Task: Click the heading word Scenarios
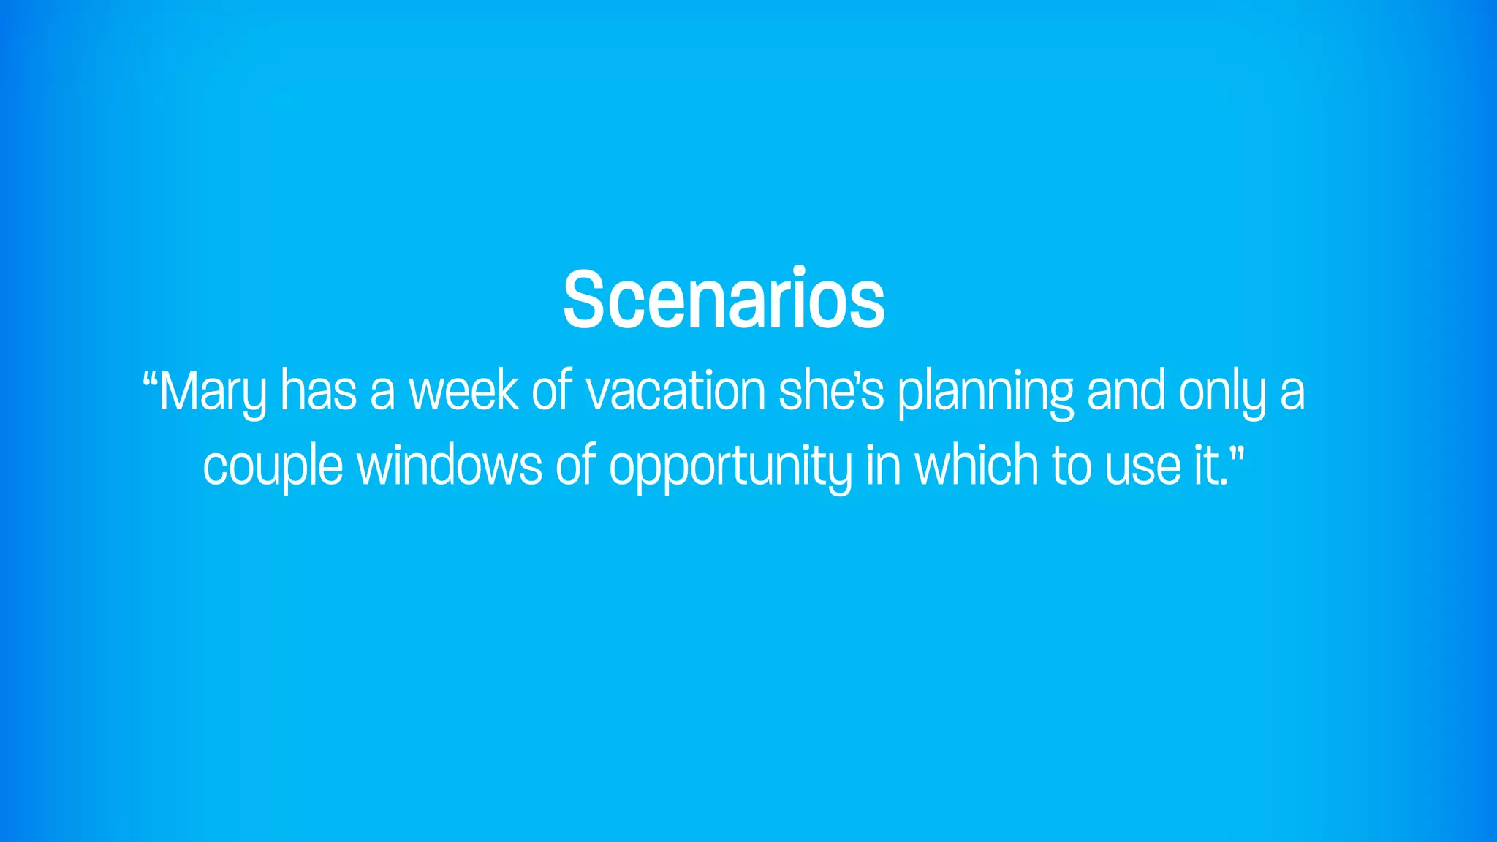[x=724, y=300]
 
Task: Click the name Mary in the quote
[x=213, y=392]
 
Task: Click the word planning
[x=985, y=392]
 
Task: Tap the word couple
[x=273, y=466]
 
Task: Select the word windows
[x=449, y=465]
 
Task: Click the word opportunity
[x=730, y=466]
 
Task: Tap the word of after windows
[x=576, y=465]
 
